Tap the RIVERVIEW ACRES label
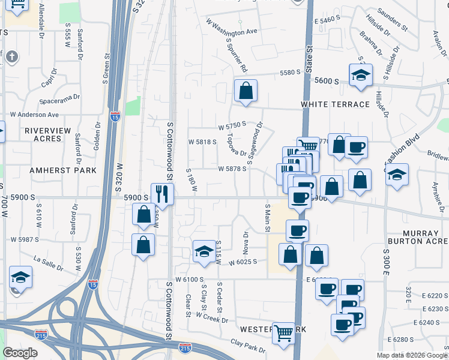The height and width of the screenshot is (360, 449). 48,134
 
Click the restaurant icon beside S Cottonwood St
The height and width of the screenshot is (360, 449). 162,193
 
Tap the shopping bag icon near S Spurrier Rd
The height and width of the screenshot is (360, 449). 246,91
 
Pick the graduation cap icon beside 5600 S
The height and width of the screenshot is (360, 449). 361,75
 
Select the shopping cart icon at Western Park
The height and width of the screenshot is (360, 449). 283,332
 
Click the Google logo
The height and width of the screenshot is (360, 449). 20,353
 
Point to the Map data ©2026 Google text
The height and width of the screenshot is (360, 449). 412,355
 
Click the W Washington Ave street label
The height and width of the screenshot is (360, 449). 231,27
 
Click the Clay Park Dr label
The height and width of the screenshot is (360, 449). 248,346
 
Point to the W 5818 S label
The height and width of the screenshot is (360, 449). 202,142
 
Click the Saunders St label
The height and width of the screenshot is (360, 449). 393,20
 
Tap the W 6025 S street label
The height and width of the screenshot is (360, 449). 241,262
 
